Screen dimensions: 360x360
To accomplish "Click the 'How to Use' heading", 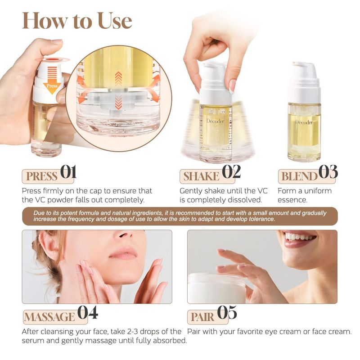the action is [77, 21].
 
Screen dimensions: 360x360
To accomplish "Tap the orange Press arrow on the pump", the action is [52, 81].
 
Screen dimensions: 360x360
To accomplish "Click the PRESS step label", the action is [42, 176].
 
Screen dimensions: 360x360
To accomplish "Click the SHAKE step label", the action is [201, 176].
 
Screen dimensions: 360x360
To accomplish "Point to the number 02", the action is [231, 172].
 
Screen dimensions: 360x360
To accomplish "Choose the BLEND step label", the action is [299, 176].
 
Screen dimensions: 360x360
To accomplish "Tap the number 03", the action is [328, 172].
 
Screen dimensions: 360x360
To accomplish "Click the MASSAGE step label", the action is [49, 317].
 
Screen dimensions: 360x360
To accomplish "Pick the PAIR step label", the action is [202, 317].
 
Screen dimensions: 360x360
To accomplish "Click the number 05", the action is [227, 312].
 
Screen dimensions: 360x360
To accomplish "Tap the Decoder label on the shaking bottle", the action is [216, 121].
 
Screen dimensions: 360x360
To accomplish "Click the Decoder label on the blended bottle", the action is [304, 122].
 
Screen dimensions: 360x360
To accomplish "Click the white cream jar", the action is [217, 288].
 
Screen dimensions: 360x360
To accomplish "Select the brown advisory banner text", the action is [180, 216].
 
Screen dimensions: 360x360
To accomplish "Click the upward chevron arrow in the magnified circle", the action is [118, 78].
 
